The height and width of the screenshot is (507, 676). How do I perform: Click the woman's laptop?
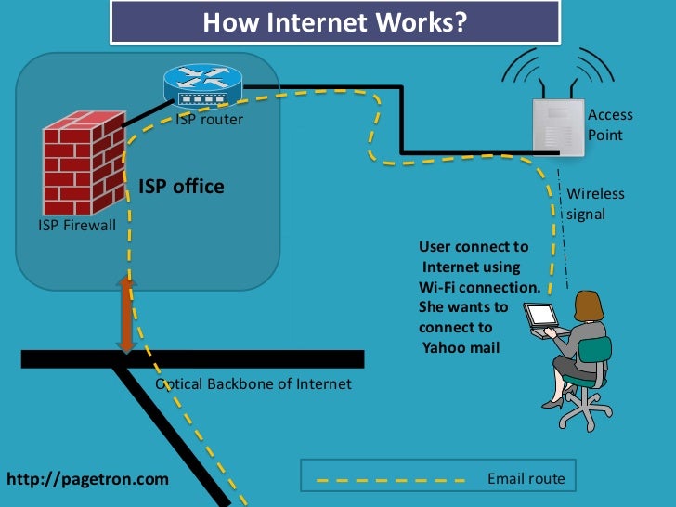542,318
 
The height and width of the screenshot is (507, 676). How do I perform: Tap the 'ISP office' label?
181,187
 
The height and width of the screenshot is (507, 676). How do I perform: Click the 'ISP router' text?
210,119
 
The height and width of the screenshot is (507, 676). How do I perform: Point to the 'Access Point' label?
610,125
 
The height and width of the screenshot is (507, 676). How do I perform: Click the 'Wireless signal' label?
595,203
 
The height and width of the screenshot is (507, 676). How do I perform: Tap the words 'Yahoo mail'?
461,348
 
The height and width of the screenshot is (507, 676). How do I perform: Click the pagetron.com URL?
88,479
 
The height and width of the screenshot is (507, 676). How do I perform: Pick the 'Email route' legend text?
526,479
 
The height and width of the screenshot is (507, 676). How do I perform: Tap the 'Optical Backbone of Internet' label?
253,383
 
